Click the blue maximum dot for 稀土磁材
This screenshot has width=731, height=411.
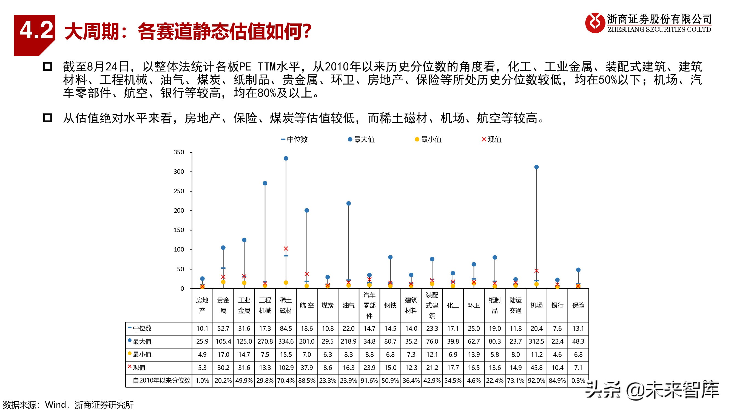coord(286,158)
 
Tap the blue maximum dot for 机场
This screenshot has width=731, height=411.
coord(536,167)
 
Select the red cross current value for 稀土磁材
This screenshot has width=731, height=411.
coord(286,249)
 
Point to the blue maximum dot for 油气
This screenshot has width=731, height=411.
coord(348,203)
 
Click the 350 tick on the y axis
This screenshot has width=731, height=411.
coord(179,152)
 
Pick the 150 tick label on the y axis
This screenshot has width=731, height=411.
coord(179,230)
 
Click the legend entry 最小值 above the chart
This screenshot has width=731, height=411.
coord(428,139)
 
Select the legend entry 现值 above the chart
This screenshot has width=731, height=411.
coord(492,139)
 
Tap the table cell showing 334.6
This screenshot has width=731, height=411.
coord(286,341)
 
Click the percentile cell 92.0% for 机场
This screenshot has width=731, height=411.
coord(536,380)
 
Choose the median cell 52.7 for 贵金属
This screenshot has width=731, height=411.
coord(223,328)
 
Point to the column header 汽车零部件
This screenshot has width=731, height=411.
coord(369,305)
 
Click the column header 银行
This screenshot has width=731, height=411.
coord(557,305)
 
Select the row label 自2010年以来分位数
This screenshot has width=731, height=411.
coord(161,380)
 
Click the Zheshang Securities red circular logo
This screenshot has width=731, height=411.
coord(595,23)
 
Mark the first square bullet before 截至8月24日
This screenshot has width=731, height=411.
coord(47,66)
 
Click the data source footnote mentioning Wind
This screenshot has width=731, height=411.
coord(68,405)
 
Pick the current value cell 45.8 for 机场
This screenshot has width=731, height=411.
coord(536,367)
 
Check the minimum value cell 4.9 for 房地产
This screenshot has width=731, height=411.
coord(202,354)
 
